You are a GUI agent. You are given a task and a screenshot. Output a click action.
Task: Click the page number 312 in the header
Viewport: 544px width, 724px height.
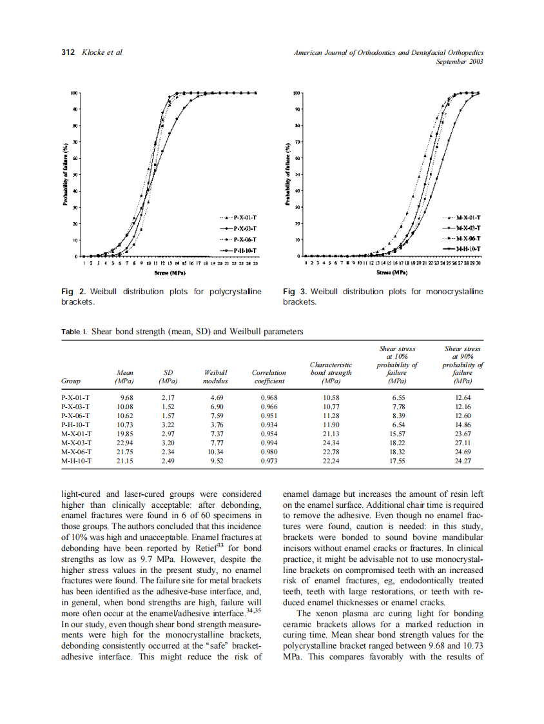[x=68, y=53]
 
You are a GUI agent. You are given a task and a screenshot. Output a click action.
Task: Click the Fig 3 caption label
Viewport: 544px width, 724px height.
[x=295, y=292]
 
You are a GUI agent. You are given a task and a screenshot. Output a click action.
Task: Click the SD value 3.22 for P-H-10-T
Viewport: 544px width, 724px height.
[x=168, y=434]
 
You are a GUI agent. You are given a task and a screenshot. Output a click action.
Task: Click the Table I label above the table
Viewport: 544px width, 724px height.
[x=74, y=332]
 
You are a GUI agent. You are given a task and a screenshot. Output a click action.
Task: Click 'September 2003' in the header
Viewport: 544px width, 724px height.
[x=460, y=62]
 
